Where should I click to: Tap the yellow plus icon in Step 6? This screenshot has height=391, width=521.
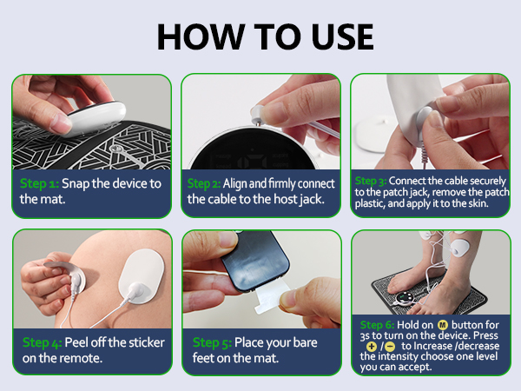[x=372, y=345]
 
